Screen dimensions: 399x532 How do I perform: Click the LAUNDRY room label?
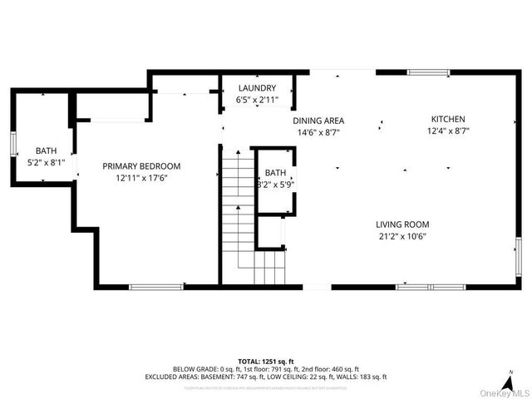tap(257, 87)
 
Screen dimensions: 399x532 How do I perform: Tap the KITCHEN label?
tap(447, 120)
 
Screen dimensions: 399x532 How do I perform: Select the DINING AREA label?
tap(320, 121)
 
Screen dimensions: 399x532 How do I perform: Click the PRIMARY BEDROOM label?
tap(141, 166)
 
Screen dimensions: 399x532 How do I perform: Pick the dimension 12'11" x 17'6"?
tap(141, 177)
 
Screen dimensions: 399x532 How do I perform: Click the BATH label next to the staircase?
tap(275, 173)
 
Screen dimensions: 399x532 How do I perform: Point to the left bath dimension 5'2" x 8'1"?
tap(45, 162)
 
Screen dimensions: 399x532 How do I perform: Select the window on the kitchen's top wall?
tap(428, 72)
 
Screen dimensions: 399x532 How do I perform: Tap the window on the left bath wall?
tap(13, 144)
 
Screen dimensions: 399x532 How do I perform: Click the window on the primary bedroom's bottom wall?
tap(156, 287)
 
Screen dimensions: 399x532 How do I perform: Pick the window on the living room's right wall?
tap(520, 257)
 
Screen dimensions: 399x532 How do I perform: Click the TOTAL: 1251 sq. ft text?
tap(266, 362)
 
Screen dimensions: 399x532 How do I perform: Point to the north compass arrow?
tap(505, 376)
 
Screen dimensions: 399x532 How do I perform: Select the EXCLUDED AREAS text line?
tap(266, 377)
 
